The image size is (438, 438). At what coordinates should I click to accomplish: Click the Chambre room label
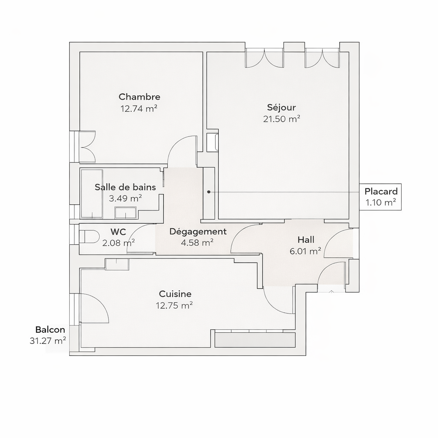(x=139, y=97)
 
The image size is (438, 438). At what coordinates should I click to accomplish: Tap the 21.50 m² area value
(x=281, y=119)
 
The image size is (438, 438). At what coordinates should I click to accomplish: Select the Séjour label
(x=281, y=107)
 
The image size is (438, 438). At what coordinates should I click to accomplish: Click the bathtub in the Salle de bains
(x=92, y=194)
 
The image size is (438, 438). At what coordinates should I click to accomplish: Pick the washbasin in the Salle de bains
(x=125, y=213)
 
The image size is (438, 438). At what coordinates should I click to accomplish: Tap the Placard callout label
(x=381, y=191)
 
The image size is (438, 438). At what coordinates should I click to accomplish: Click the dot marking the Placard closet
(x=209, y=192)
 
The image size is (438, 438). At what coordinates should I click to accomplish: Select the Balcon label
(x=50, y=330)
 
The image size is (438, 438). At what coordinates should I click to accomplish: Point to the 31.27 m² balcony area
(x=48, y=341)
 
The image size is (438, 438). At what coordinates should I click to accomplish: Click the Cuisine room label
(x=175, y=294)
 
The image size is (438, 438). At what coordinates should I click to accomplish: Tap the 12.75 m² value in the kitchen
(x=175, y=305)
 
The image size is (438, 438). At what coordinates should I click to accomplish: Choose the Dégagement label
(x=198, y=231)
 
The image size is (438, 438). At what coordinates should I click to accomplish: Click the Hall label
(x=306, y=240)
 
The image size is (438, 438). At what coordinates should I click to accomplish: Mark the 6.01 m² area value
(x=305, y=251)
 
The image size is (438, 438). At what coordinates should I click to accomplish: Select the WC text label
(x=118, y=232)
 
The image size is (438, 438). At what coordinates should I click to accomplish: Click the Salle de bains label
(x=125, y=187)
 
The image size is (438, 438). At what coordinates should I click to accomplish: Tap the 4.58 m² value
(x=197, y=243)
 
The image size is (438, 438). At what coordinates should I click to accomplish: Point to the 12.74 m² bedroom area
(x=139, y=108)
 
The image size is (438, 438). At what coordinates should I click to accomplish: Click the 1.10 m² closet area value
(x=381, y=202)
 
